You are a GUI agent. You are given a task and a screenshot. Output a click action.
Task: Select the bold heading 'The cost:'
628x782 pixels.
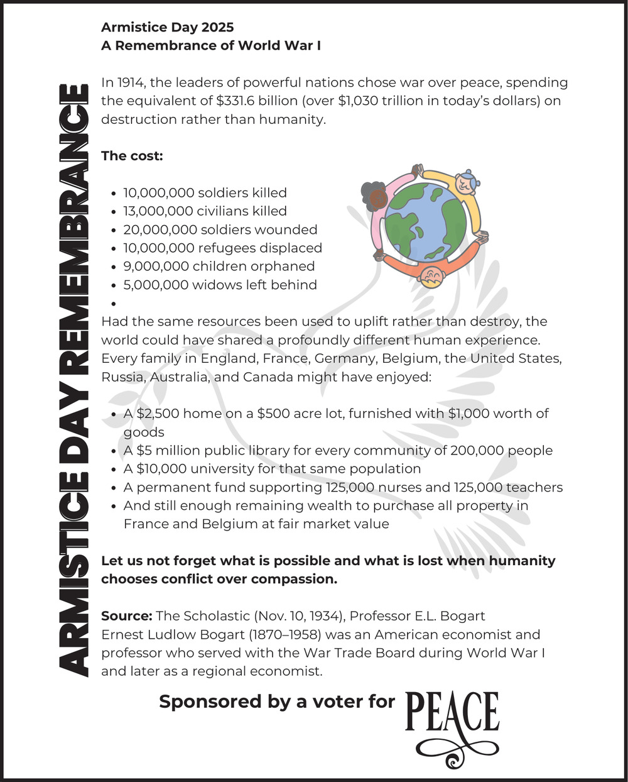[x=132, y=156]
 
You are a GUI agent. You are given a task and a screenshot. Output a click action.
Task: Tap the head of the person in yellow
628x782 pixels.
[x=465, y=182]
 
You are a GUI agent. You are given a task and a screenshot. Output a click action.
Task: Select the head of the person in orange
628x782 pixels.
[x=431, y=276]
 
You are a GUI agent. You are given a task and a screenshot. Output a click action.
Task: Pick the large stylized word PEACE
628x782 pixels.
[x=452, y=713]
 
